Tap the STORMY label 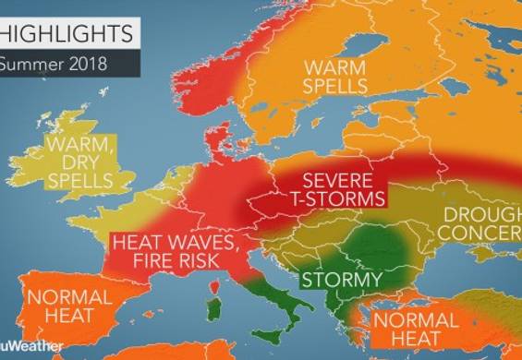coord(342,279)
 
